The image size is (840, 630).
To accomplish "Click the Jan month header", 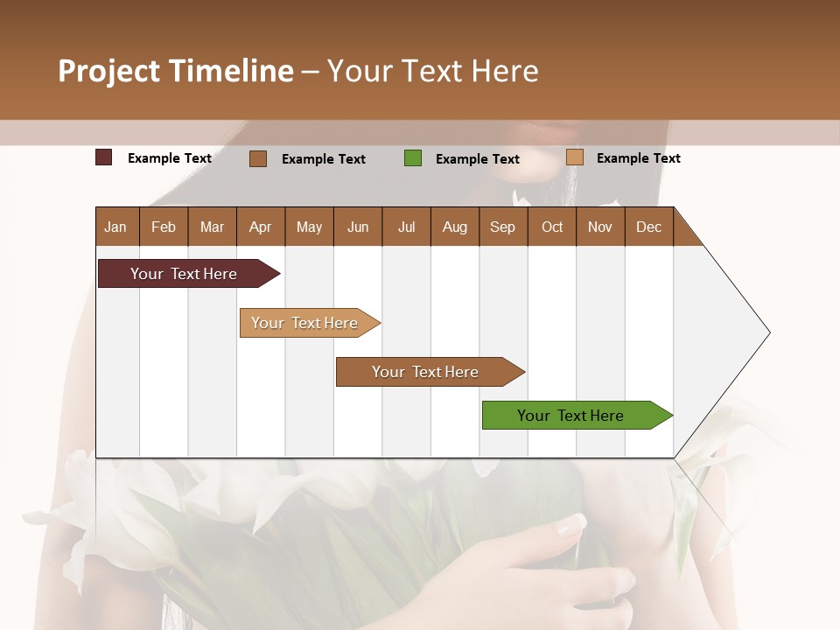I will point(116,227).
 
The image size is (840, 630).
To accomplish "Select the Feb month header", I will point(164,227).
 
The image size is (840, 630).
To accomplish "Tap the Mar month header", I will point(212,227).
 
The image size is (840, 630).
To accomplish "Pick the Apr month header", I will point(261,227).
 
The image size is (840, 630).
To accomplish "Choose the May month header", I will point(309,227).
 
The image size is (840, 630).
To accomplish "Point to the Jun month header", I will point(358,227).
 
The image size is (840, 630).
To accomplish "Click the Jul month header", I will point(406,227).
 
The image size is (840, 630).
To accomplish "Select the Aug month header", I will point(455,227).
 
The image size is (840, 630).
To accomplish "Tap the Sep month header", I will point(503,227).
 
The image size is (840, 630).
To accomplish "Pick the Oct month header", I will point(552,227).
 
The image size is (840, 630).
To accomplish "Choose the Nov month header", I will point(600,227).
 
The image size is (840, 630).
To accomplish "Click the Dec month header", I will point(649,227).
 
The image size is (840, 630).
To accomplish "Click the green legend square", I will point(413,158).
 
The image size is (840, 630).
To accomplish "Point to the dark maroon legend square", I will point(104,157).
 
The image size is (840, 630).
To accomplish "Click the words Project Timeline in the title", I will point(176,71).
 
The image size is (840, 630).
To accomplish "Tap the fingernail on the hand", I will point(572,525).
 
